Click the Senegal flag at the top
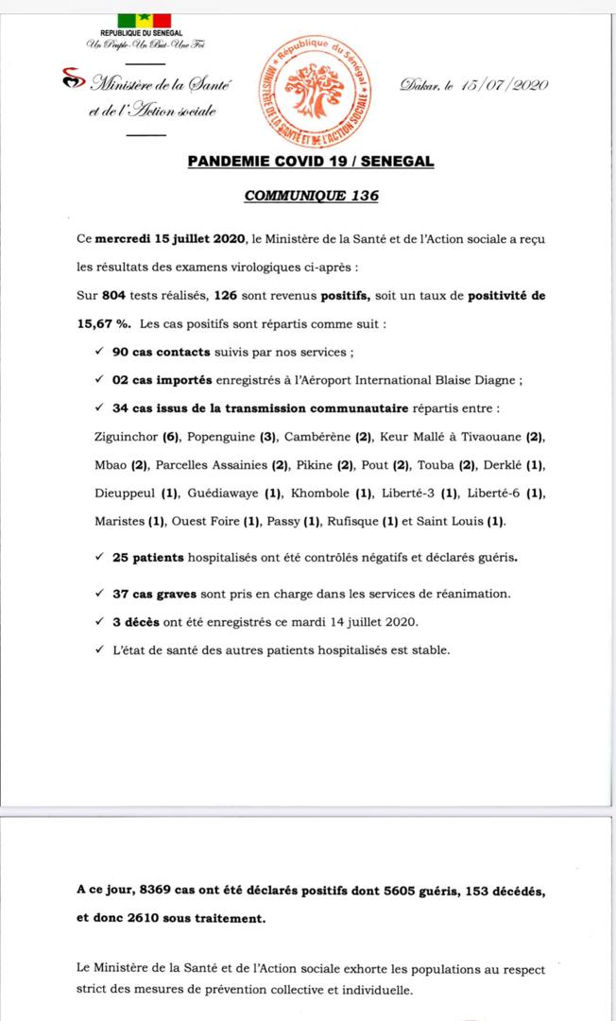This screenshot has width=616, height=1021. click(145, 21)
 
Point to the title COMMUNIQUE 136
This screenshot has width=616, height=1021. click(311, 196)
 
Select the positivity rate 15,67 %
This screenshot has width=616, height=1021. click(103, 323)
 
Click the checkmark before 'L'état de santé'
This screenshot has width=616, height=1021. click(99, 649)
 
